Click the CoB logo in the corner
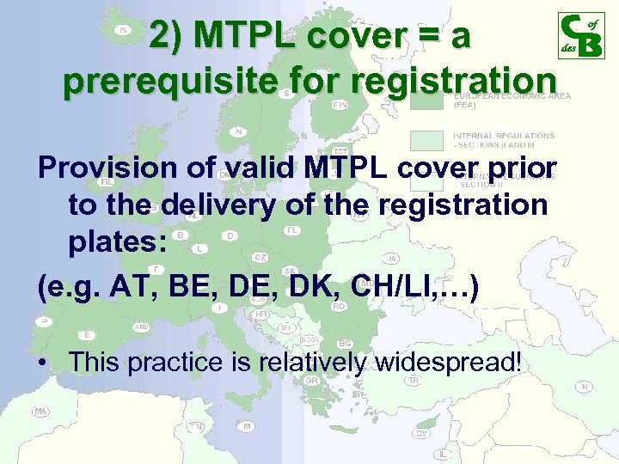pos(581,35)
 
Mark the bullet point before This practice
pos(43,363)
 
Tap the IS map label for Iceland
pos(123,30)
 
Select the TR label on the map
pos(414,380)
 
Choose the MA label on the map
pos(40,412)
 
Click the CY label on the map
pos(421,433)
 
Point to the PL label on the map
pos(292,230)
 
